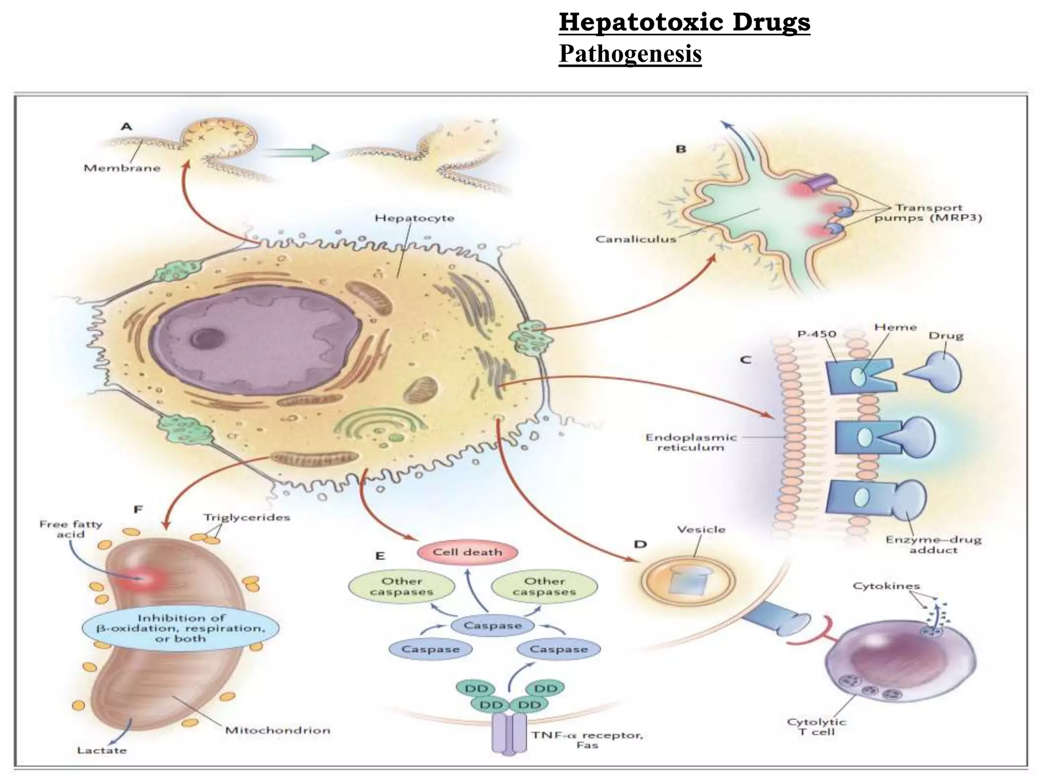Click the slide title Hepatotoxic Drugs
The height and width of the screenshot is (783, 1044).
click(684, 22)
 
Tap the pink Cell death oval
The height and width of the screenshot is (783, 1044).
click(467, 552)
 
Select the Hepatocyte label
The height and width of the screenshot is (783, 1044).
click(414, 218)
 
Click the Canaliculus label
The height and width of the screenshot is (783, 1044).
click(636, 239)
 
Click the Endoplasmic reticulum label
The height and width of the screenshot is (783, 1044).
click(691, 442)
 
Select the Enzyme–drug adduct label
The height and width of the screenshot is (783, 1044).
click(933, 544)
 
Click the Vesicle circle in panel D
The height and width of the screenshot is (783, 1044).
click(688, 581)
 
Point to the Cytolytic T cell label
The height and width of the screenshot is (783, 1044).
click(816, 726)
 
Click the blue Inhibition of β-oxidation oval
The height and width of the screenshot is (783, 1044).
click(181, 628)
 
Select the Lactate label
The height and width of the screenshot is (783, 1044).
click(101, 750)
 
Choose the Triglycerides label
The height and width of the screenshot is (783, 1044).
click(247, 517)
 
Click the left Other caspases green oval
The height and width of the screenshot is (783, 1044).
click(402, 586)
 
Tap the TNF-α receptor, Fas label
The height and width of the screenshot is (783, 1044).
click(587, 740)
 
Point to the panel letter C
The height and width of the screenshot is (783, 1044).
click(745, 360)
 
